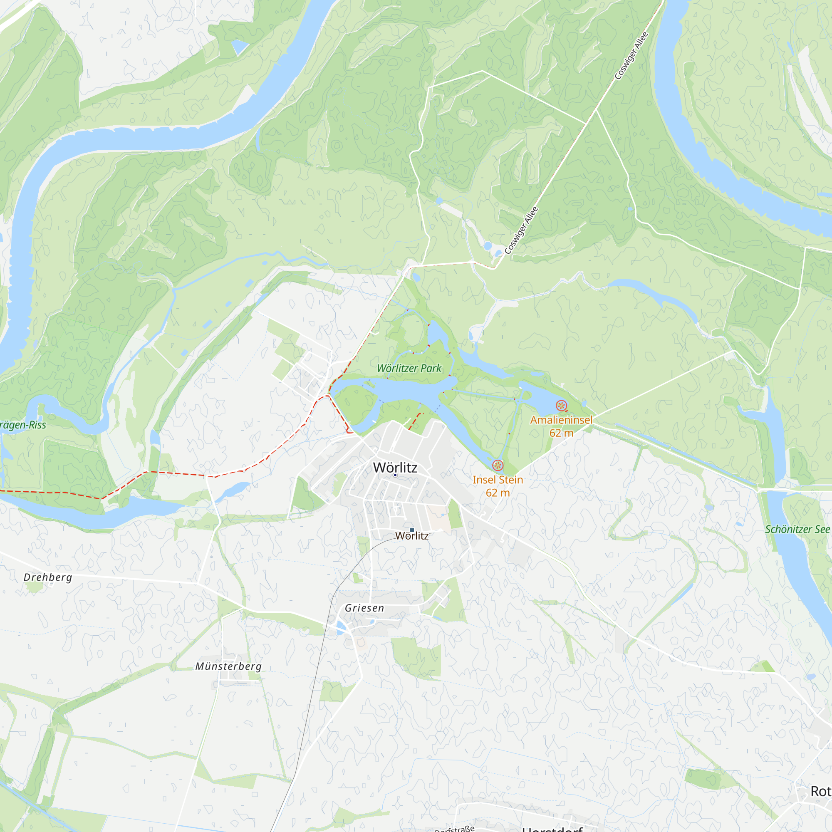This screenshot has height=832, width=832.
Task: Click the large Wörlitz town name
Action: [x=395, y=468]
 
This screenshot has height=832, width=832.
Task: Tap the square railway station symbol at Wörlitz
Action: [x=412, y=530]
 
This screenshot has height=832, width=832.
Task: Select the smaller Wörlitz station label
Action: [x=412, y=536]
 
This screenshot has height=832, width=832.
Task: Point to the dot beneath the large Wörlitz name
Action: [x=395, y=475]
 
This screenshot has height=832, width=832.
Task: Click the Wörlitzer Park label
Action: [x=409, y=368]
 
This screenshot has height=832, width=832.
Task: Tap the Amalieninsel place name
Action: [x=561, y=420]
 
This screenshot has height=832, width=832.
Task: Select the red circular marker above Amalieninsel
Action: [x=561, y=405]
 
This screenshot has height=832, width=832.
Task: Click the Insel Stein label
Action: [x=498, y=480]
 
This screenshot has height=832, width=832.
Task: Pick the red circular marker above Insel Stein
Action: [x=498, y=465]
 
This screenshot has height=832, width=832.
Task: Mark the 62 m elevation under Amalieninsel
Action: [x=561, y=433]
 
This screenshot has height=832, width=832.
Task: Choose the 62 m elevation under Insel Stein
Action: [x=498, y=493]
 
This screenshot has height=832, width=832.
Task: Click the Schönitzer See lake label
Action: [x=797, y=530]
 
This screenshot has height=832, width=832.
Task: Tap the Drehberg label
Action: [x=48, y=577]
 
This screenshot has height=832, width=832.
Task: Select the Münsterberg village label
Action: [x=228, y=666]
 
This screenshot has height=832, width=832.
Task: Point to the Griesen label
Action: [x=364, y=608]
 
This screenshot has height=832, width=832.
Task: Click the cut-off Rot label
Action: [x=820, y=792]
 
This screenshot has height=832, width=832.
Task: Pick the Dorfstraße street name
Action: [x=454, y=828]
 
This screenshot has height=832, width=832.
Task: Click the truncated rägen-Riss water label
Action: [x=23, y=426]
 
